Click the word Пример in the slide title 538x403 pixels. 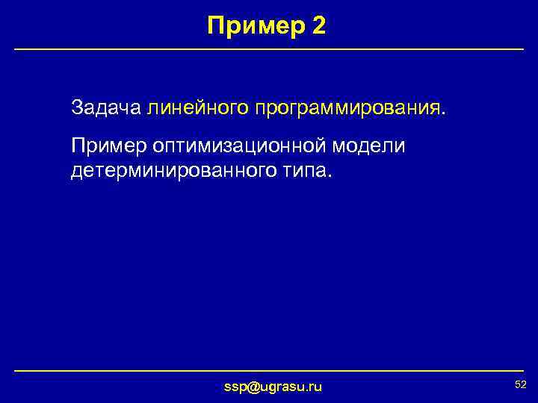(x=254, y=27)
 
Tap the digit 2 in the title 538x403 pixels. (x=317, y=27)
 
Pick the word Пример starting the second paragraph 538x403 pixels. (x=108, y=146)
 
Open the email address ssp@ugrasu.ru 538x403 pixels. (x=273, y=386)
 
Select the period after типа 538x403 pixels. (x=325, y=176)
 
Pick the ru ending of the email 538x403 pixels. (x=315, y=386)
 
